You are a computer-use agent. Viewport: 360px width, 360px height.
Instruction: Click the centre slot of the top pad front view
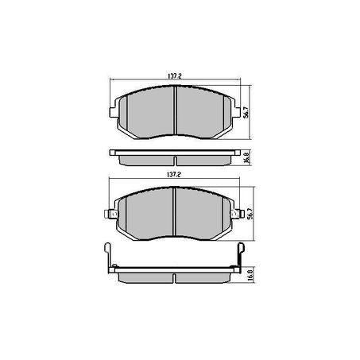pyautogui.click(x=174, y=111)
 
